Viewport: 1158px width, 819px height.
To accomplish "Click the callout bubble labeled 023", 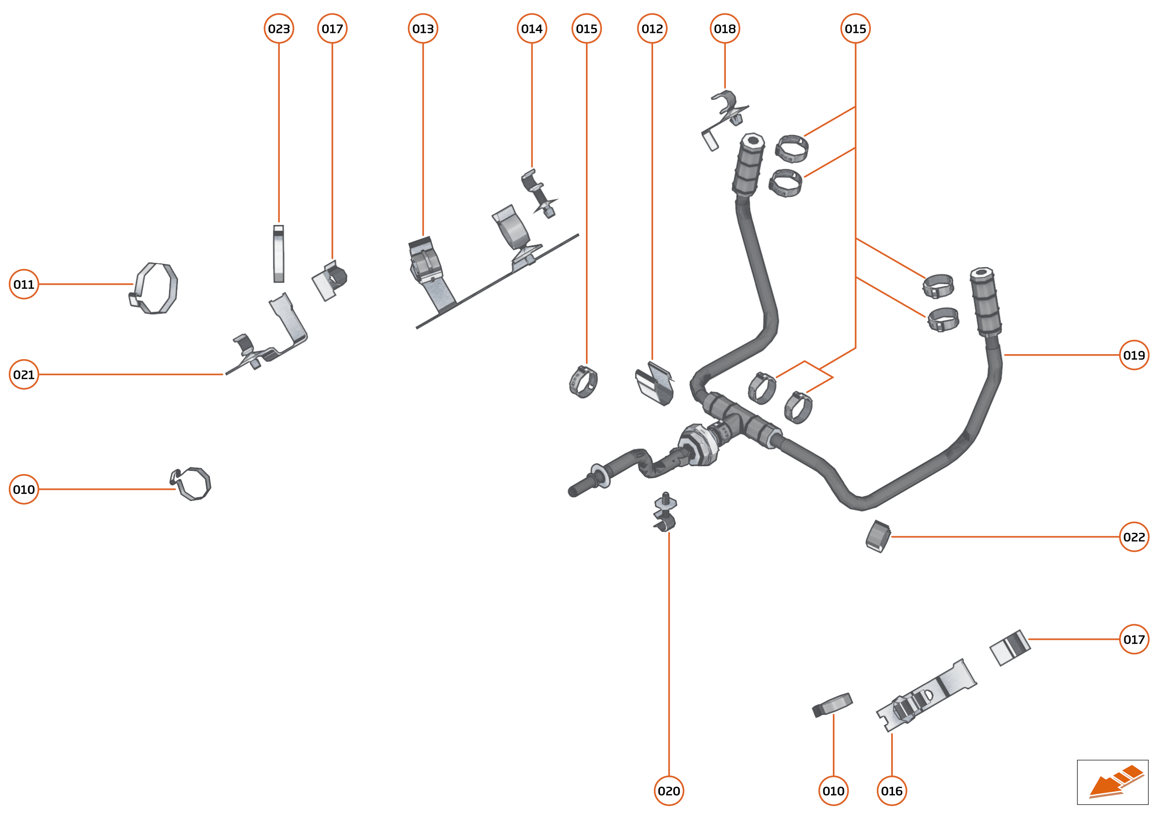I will point(278,29).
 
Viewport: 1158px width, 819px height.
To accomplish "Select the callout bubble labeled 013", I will point(423,29).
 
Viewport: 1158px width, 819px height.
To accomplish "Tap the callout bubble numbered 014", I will point(532,29).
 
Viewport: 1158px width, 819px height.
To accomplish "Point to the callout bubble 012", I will point(652,29).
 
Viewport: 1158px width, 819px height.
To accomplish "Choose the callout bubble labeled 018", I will point(724,29).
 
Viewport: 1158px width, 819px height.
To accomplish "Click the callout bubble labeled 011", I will point(24,284).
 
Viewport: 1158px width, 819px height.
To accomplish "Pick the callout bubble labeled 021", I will point(24,375).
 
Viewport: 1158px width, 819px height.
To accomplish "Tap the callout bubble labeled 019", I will point(1134,355).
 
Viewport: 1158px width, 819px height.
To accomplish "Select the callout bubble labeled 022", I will point(1134,537).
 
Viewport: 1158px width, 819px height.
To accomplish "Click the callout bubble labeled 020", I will point(668,791).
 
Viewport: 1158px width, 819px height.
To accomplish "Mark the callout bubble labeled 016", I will point(892,791).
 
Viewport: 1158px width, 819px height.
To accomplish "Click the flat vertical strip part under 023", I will point(278,254).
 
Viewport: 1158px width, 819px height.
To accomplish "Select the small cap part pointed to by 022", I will point(878,537).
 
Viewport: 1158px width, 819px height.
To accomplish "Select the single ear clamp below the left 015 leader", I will point(584,382).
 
